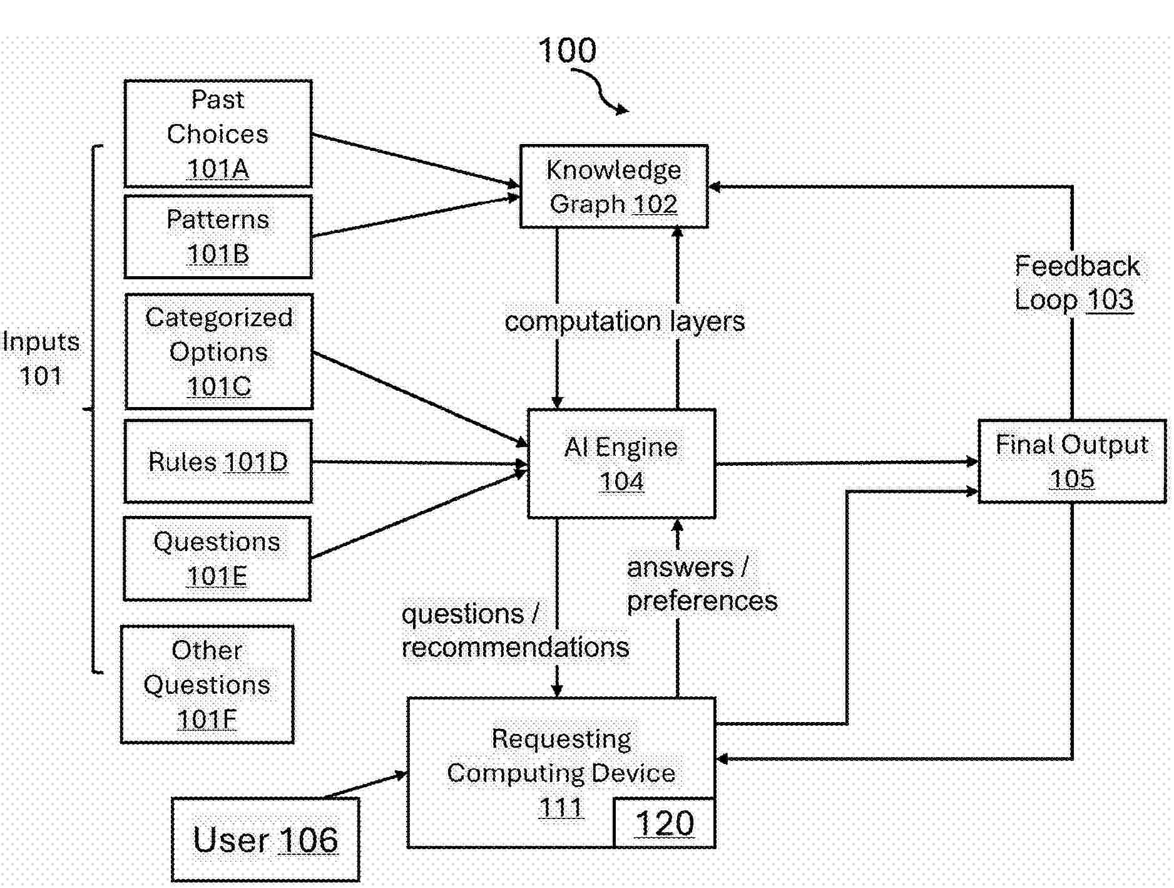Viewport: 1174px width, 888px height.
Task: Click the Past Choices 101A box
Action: (218, 133)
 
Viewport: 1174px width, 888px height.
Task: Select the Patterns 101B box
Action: (218, 237)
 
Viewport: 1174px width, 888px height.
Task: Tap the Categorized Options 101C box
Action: (218, 351)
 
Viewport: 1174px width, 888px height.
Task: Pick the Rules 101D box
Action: (218, 462)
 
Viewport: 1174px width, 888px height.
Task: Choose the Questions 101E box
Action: (217, 559)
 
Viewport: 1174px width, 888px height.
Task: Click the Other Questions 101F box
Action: (207, 684)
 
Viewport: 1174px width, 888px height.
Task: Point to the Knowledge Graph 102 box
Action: (614, 187)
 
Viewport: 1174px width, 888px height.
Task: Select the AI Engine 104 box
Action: (621, 464)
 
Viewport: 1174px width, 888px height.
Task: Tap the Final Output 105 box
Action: (1072, 462)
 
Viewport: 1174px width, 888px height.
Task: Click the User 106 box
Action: (265, 840)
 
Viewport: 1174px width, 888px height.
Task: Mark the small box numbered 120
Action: (665, 823)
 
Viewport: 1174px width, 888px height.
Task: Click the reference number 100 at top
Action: (567, 50)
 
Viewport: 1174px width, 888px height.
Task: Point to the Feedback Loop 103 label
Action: (1076, 283)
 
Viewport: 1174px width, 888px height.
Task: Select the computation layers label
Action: (625, 321)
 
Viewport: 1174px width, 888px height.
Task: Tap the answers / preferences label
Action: (702, 584)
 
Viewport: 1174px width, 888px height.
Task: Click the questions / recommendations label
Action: (514, 631)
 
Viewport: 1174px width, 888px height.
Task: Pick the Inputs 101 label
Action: (41, 358)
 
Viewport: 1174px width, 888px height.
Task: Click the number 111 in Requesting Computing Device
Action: (561, 808)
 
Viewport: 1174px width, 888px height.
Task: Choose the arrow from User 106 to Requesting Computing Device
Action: (366, 786)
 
